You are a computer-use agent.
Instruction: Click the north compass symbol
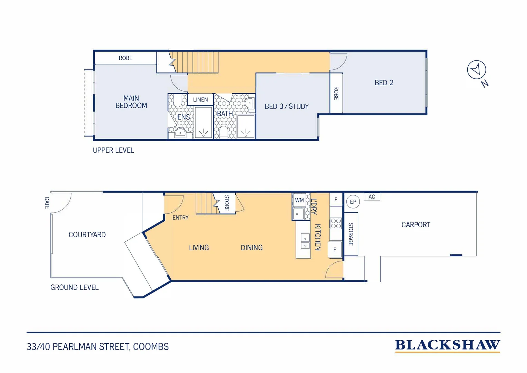476,70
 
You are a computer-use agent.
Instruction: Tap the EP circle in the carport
353,202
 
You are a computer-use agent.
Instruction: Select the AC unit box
372,197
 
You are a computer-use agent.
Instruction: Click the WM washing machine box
299,200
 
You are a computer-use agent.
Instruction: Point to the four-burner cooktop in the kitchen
336,223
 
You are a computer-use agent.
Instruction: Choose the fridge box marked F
335,250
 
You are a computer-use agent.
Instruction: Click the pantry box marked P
336,200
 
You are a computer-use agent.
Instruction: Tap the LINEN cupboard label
200,100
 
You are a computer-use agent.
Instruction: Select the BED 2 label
384,83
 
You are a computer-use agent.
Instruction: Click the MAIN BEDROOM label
131,102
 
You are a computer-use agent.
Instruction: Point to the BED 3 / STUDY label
287,106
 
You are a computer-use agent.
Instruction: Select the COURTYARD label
87,235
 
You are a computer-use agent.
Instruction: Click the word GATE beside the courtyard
47,203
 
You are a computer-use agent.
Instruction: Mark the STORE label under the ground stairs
227,203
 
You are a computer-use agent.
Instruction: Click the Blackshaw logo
447,345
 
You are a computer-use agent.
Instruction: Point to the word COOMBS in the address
151,347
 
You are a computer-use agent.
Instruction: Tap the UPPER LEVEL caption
113,150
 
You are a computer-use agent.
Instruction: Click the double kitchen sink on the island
305,241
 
